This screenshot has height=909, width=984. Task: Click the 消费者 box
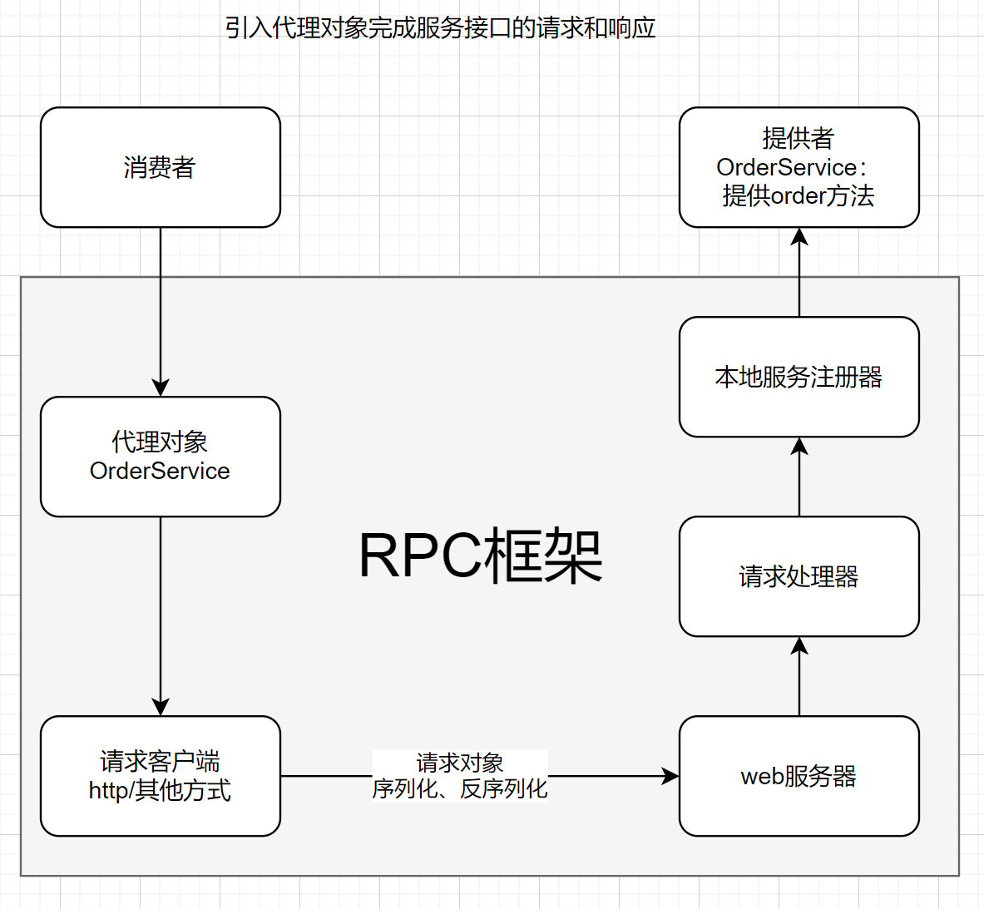pyautogui.click(x=160, y=167)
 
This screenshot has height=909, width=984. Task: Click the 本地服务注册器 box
pyautogui.click(x=799, y=377)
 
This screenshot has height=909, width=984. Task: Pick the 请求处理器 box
pyautogui.click(x=799, y=576)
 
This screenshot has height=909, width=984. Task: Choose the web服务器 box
pyautogui.click(x=799, y=776)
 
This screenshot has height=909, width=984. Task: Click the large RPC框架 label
pyautogui.click(x=480, y=556)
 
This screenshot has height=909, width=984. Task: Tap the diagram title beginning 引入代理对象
pyautogui.click(x=440, y=28)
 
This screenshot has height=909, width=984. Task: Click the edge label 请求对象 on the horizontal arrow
pyautogui.click(x=459, y=763)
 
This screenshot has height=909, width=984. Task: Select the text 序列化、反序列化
pyautogui.click(x=459, y=788)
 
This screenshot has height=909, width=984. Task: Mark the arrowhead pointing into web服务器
pyautogui.click(x=670, y=776)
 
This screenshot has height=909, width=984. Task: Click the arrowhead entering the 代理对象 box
pyautogui.click(x=161, y=388)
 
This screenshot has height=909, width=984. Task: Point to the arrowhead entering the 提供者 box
pyautogui.click(x=799, y=237)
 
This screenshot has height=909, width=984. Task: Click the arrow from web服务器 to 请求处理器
pyautogui.click(x=799, y=678)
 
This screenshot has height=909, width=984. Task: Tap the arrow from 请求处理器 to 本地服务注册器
pyautogui.click(x=799, y=478)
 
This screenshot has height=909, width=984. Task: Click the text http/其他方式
pyautogui.click(x=160, y=790)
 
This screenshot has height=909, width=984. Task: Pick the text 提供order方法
pyautogui.click(x=799, y=196)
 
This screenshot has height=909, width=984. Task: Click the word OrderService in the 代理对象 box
pyautogui.click(x=160, y=471)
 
